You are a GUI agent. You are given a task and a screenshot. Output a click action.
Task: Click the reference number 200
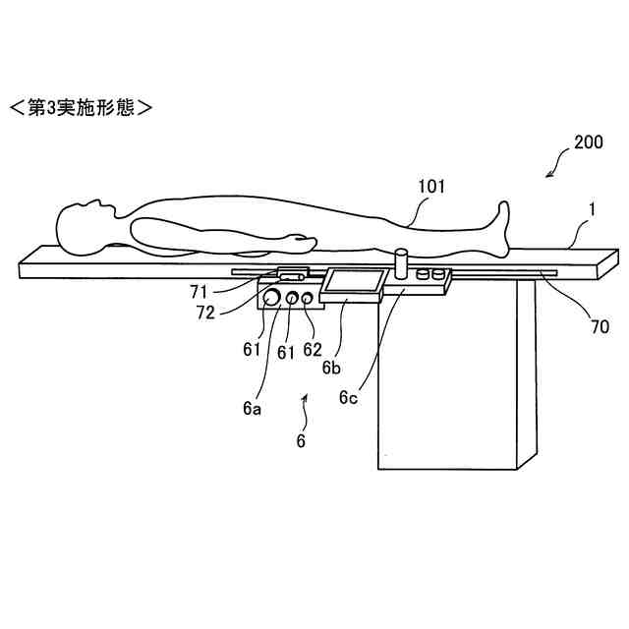tap(589, 142)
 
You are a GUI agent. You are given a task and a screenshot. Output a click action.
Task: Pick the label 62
tap(313, 349)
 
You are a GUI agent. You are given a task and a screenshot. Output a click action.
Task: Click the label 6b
tap(331, 368)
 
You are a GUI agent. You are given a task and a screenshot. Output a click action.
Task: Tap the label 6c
tap(348, 397)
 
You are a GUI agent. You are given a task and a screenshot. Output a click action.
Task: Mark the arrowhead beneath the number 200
tap(551, 174)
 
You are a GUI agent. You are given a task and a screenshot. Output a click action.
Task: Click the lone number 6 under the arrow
tap(301, 441)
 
